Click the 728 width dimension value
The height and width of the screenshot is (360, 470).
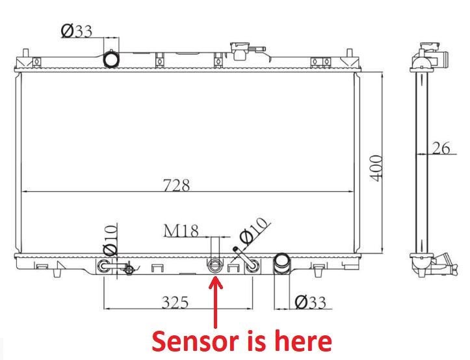point(176,185)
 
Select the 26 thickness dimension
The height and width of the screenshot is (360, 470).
point(441,148)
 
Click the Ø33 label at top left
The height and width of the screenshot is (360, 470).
point(76,31)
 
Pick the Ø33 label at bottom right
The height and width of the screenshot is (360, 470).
point(310,302)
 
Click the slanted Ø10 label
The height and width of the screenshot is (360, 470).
point(254,231)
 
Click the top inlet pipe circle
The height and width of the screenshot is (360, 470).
point(112,59)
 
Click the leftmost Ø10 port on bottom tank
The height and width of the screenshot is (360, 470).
point(103,266)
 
